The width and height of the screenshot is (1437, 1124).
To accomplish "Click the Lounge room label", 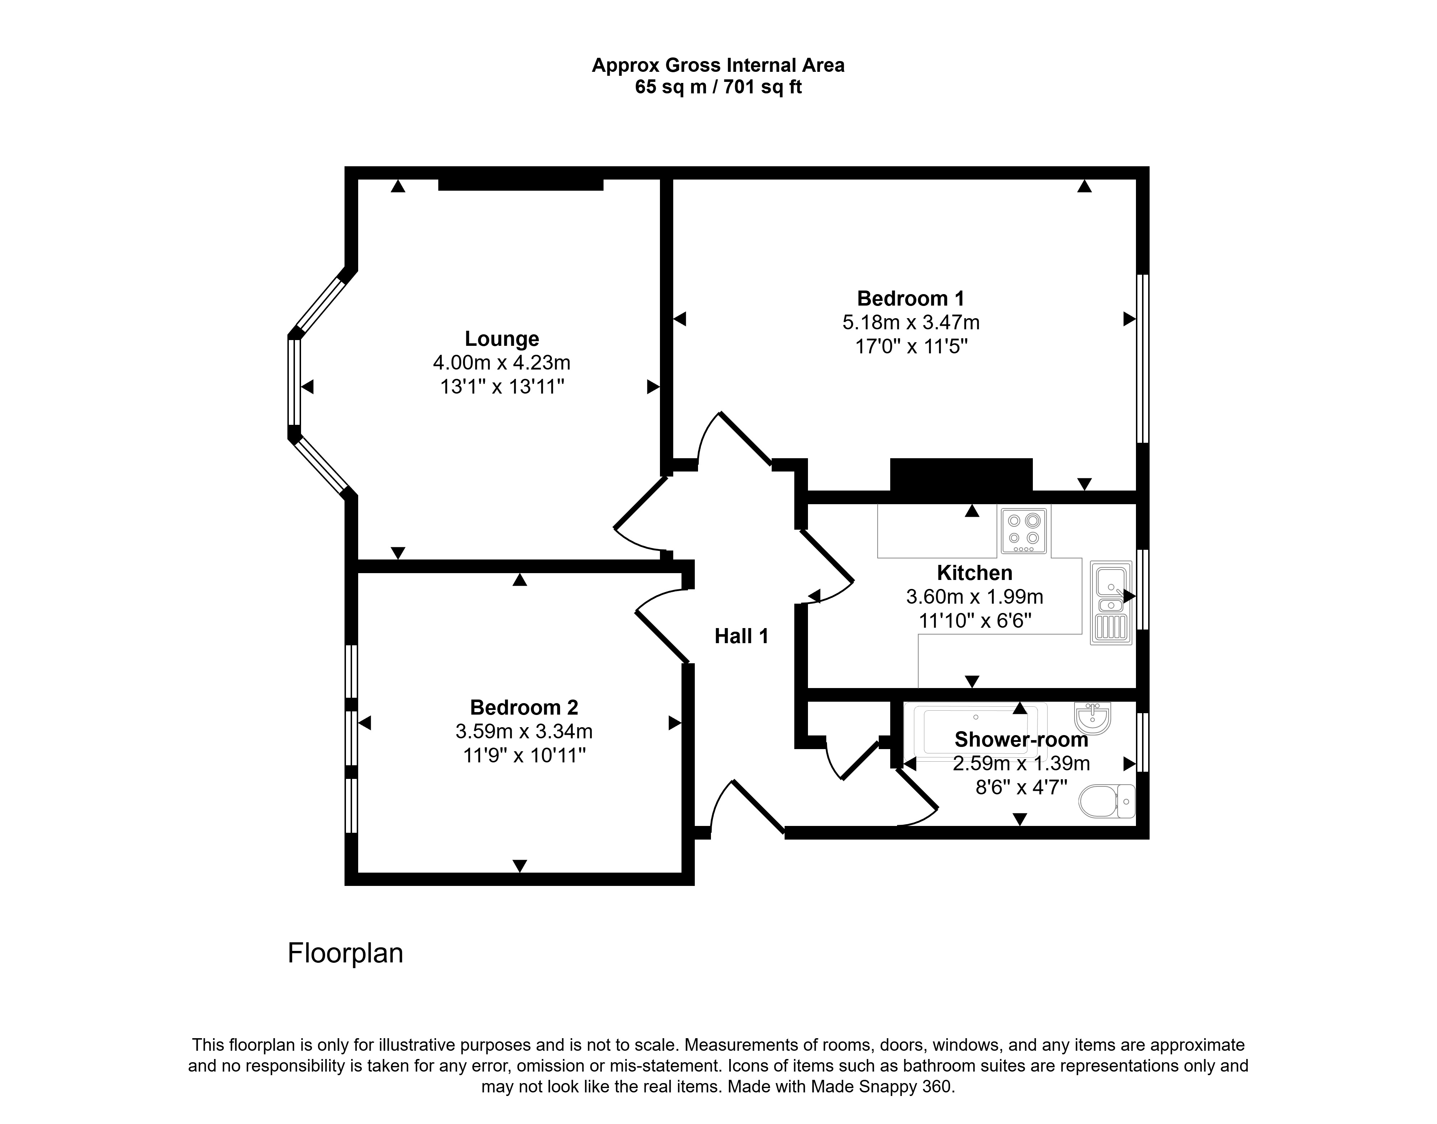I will coord(502,339).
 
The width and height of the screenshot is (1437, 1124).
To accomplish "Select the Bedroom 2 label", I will coord(524,707).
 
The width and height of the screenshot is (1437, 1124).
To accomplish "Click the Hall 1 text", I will coord(741,636).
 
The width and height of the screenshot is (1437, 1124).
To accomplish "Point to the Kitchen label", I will coord(974,573).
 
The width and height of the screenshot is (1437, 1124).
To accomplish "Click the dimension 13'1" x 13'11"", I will coord(502,386).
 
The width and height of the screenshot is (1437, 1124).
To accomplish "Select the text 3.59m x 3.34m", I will coord(524,731).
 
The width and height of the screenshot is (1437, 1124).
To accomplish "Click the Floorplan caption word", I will coord(345,953).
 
